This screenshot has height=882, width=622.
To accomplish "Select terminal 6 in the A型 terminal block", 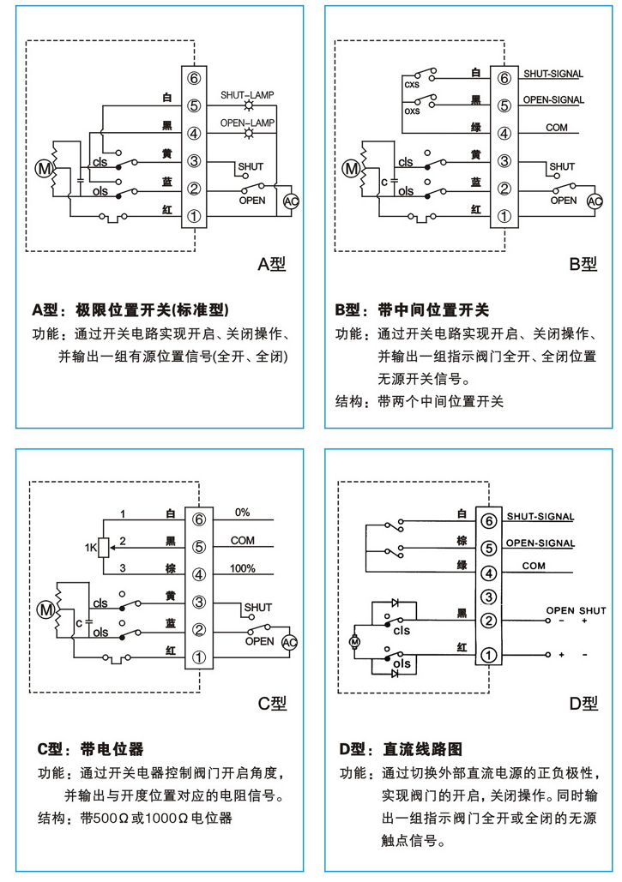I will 194,79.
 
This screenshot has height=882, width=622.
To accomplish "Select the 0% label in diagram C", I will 242,513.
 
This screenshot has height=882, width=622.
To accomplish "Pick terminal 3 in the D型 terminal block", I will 488,597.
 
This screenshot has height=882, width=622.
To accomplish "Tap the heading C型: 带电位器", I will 90,748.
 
